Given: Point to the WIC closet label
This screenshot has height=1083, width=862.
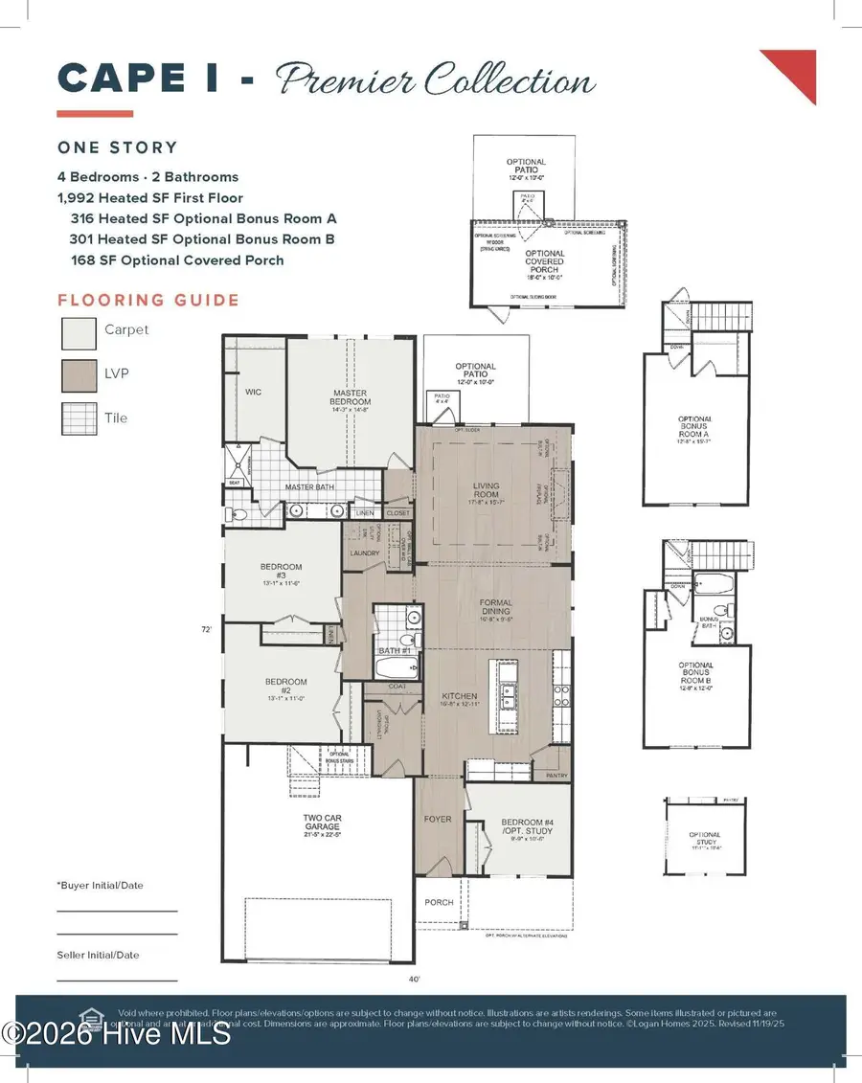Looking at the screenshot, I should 253,393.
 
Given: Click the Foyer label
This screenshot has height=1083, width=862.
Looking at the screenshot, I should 438,819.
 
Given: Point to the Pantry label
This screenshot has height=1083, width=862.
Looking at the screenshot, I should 556,776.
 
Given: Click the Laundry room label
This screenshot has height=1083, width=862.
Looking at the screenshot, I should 365,553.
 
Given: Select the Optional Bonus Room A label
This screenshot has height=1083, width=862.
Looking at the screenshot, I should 695,425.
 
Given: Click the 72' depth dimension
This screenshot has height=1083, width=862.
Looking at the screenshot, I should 205,629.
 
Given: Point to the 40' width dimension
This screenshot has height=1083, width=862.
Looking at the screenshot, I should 413,979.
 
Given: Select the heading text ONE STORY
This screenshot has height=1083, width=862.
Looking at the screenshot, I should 118,147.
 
